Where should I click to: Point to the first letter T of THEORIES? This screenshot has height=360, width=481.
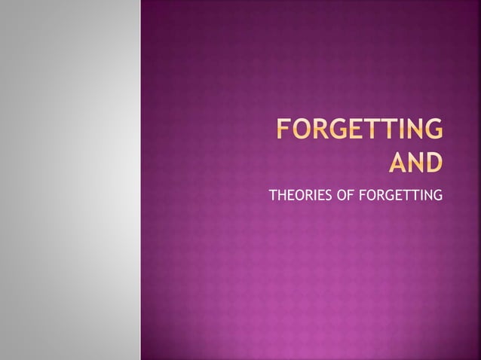(x=272, y=198)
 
